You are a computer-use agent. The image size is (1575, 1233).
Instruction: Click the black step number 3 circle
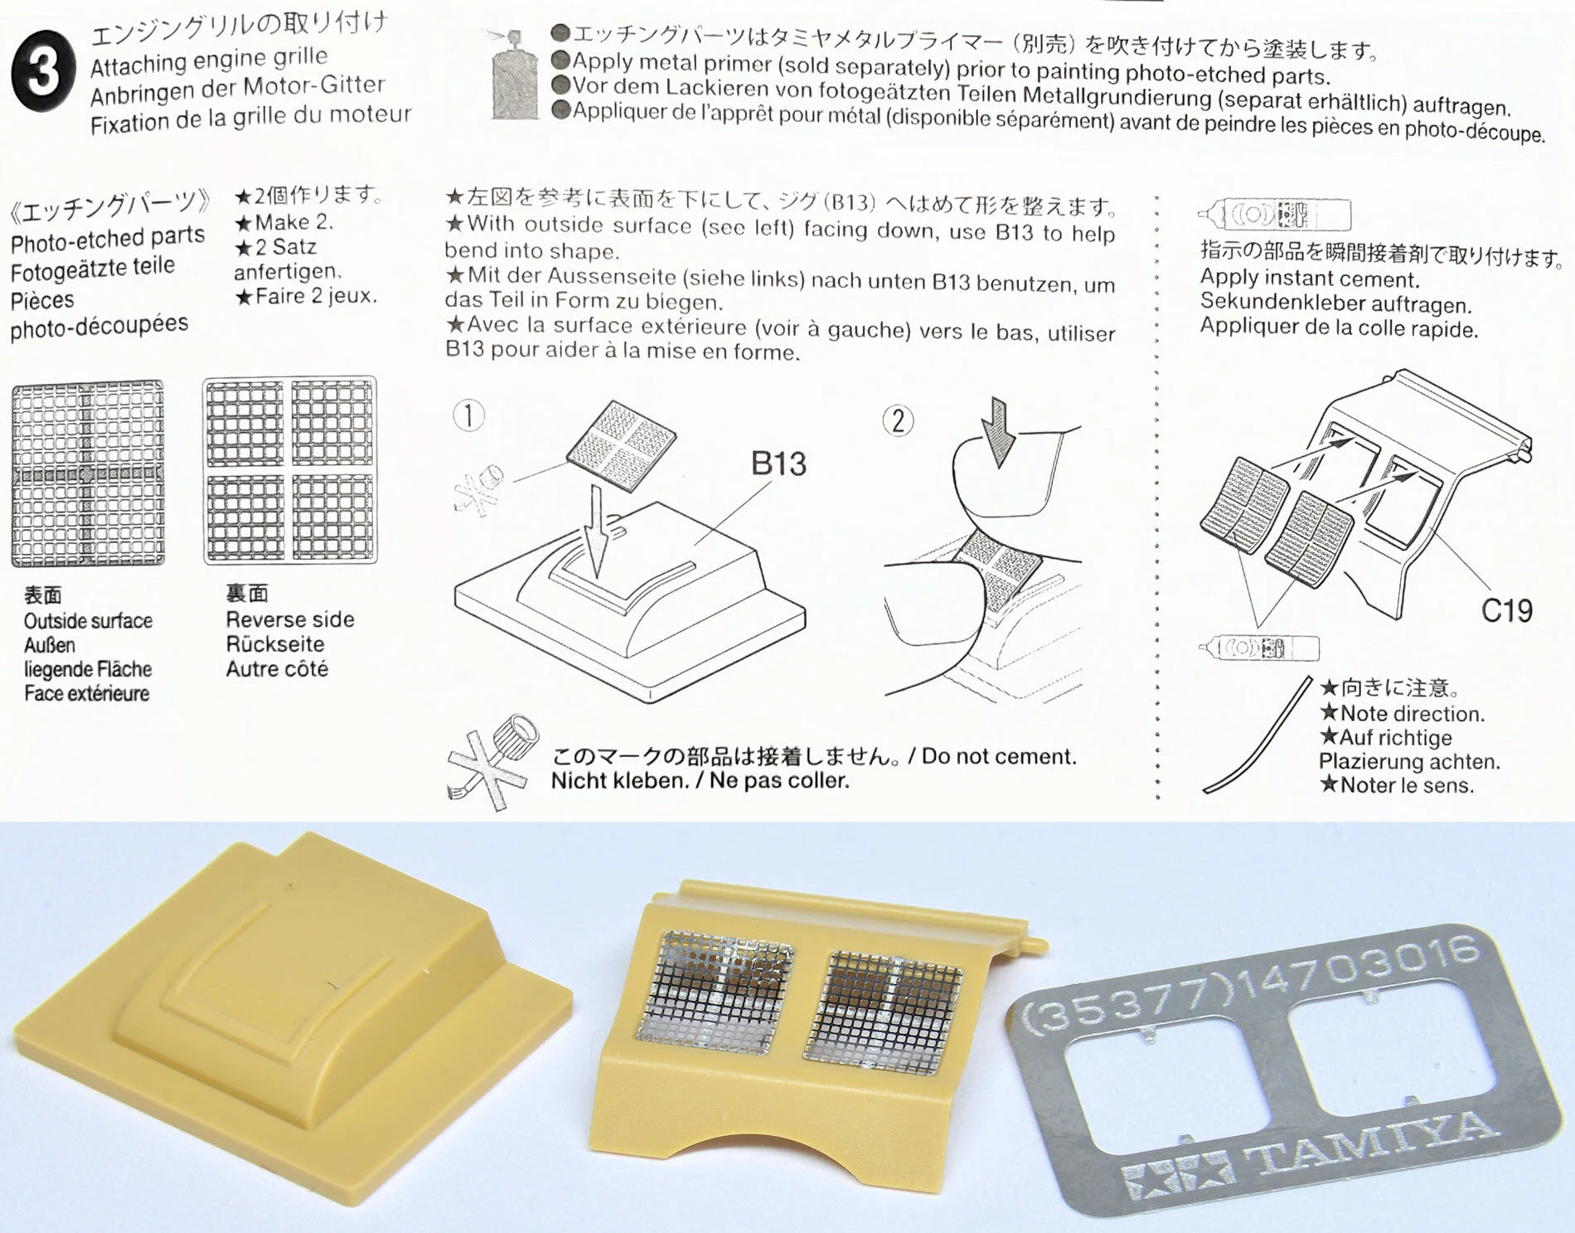point(43,71)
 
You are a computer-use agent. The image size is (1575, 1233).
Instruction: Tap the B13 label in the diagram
point(778,464)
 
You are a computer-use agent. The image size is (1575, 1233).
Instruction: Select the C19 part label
point(1506,611)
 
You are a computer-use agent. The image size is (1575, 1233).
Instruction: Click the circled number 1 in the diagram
point(469,415)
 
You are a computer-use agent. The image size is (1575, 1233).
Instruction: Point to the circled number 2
point(899,421)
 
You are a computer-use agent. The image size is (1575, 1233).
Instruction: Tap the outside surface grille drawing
point(88,473)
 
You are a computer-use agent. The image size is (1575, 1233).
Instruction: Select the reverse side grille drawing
point(290,470)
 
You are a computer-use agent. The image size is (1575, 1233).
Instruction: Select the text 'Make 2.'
point(284,222)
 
